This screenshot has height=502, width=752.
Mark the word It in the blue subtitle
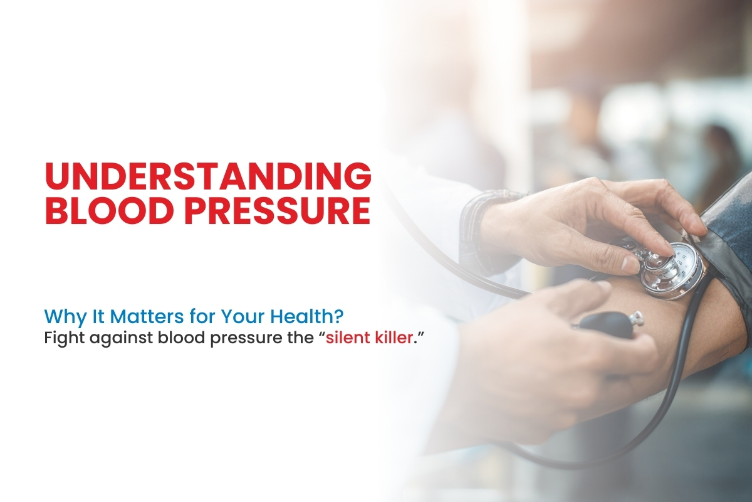click(91, 313)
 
